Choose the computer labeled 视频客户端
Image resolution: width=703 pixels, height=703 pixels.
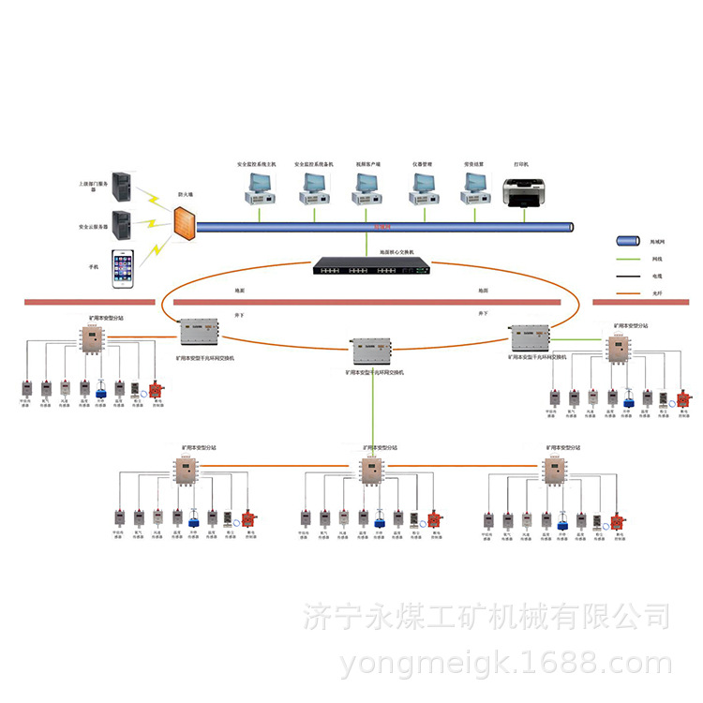pyautogui.click(x=364, y=188)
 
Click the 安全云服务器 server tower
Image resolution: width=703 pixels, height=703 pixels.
pyautogui.click(x=122, y=226)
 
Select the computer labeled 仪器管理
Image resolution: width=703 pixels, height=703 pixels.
pyautogui.click(x=419, y=188)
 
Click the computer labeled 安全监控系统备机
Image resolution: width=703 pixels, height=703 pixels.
pyautogui.click(x=310, y=188)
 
